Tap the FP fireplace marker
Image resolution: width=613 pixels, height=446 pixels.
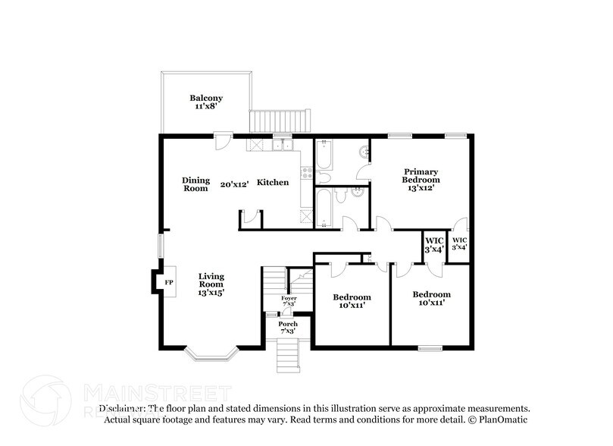tap(169, 283)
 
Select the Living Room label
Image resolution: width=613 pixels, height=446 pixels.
tap(211, 284)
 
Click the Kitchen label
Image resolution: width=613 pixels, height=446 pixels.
tap(272, 183)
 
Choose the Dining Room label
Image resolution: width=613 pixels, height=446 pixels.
tap(195, 184)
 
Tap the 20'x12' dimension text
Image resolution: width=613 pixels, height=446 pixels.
tap(234, 184)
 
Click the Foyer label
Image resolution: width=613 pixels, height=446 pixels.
tap(289, 301)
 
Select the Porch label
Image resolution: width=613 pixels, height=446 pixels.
tap(288, 327)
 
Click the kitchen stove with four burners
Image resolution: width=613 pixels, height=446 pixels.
tap(307, 173)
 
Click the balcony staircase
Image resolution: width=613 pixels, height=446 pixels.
tap(280, 121)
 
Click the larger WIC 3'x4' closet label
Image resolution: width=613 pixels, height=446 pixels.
tap(433, 244)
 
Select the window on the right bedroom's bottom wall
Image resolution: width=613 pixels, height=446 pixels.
tap(430, 348)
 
